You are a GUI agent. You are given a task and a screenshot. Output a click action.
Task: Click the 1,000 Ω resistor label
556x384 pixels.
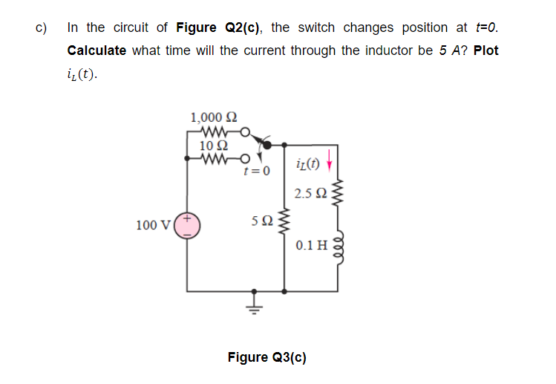[215, 117]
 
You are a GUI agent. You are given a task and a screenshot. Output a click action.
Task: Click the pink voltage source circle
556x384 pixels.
[187, 226]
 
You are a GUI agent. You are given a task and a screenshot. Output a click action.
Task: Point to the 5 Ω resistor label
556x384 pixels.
[262, 220]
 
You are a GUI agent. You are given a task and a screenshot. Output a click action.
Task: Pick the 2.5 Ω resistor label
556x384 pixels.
[310, 194]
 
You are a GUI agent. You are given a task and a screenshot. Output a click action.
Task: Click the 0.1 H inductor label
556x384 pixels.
[311, 245]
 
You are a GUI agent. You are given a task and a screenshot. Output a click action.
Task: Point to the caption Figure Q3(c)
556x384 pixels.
[266, 357]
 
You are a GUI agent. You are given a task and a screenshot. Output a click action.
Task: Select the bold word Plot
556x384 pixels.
[485, 51]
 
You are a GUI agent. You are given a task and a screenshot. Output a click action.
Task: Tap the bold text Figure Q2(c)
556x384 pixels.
[220, 28]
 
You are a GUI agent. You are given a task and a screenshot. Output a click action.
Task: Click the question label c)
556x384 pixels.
[42, 28]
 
